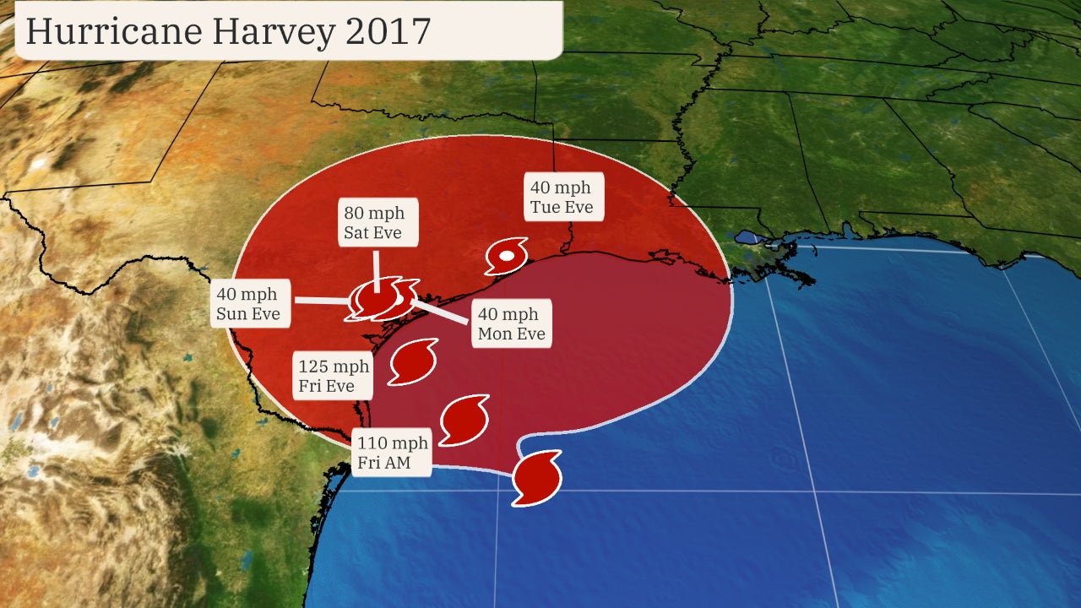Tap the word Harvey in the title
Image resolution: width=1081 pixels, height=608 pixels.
coord(257,31)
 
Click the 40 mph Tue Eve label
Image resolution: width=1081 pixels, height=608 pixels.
coord(562,197)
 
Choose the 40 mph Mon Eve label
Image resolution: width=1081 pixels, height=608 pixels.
coord(511,323)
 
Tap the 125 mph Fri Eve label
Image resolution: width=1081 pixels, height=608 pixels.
coord(334,377)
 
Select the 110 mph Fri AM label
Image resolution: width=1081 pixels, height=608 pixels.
coord(392,453)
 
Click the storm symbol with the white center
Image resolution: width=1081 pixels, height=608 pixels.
coord(506,256)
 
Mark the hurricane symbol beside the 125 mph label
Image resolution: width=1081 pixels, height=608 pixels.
coord(413,361)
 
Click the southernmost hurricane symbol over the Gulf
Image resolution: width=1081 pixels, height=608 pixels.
coord(535,478)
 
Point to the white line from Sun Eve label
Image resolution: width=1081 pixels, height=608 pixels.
coord(323,301)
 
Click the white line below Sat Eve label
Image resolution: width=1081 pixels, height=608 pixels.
coord(375,268)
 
